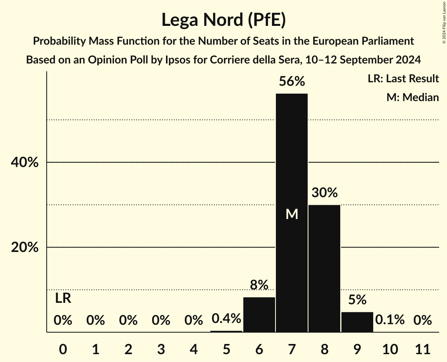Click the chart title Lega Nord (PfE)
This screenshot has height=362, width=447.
coord(223,20)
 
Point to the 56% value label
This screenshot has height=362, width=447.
coord(292,81)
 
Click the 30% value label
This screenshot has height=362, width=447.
coord(324,193)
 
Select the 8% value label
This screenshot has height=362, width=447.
coord(259,285)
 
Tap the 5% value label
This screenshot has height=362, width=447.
coord(357,300)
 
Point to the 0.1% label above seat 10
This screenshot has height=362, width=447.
coord(390,320)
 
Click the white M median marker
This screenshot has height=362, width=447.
coord(292,214)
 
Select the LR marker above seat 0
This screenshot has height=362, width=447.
coord(63,299)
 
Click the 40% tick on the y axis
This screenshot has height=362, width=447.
coord(24,163)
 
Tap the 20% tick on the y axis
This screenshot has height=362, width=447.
coord(24,248)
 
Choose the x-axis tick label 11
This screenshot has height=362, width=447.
coord(422,348)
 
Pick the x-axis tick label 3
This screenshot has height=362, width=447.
coord(161,348)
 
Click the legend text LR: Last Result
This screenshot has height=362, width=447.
coord(403,79)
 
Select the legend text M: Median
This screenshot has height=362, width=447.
coord(412,97)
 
